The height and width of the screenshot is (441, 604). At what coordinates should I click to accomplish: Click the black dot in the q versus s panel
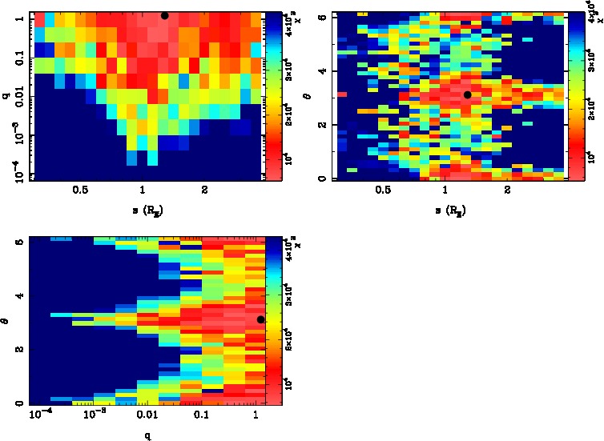click(x=165, y=15)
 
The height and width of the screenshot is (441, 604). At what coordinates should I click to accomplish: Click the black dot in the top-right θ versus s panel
click(x=468, y=94)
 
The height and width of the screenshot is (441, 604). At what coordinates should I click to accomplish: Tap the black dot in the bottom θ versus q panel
click(x=260, y=320)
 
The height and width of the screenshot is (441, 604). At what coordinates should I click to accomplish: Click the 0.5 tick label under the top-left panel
click(x=80, y=190)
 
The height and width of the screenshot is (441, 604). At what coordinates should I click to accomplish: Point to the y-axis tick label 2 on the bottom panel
click(x=16, y=350)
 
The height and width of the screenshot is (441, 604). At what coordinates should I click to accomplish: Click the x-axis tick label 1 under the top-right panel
click(x=445, y=190)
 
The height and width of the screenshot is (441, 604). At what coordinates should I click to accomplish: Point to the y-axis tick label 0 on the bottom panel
click(x=16, y=403)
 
